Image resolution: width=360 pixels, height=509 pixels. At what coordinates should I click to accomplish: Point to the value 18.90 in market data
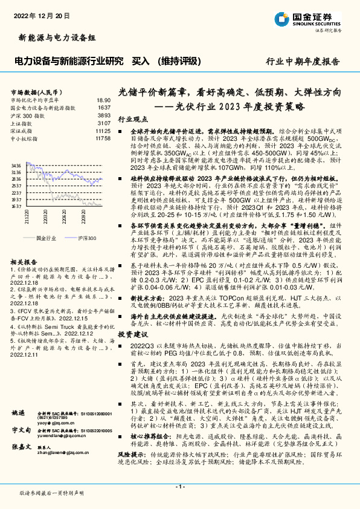point(103,100)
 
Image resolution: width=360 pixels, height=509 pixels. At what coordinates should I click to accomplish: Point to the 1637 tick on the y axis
point(16,206)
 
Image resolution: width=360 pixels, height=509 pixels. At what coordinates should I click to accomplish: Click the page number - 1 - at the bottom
point(179,486)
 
